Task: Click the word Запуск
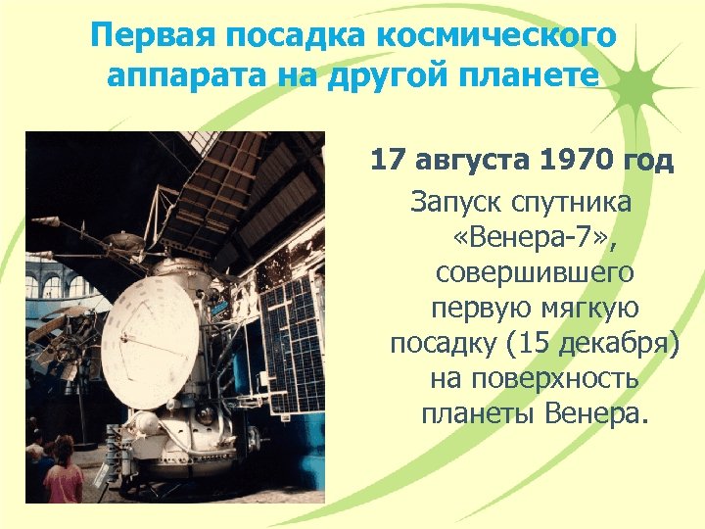pyautogui.click(x=455, y=203)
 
